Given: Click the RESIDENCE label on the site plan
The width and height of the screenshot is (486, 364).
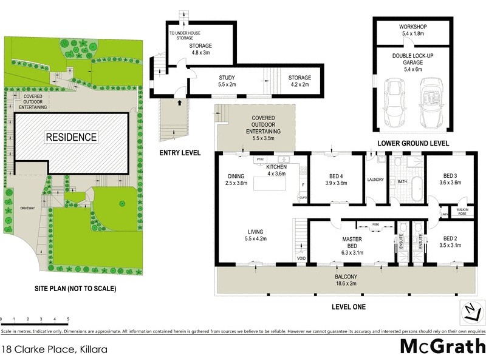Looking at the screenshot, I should (71, 137).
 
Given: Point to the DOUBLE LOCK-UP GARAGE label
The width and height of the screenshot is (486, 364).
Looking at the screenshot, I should (412, 59).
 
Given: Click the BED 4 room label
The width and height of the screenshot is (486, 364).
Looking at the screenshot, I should (336, 180).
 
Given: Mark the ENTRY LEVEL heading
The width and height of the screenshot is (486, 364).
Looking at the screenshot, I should (179, 153).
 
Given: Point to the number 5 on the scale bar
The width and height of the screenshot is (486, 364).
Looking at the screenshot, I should (68, 318).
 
